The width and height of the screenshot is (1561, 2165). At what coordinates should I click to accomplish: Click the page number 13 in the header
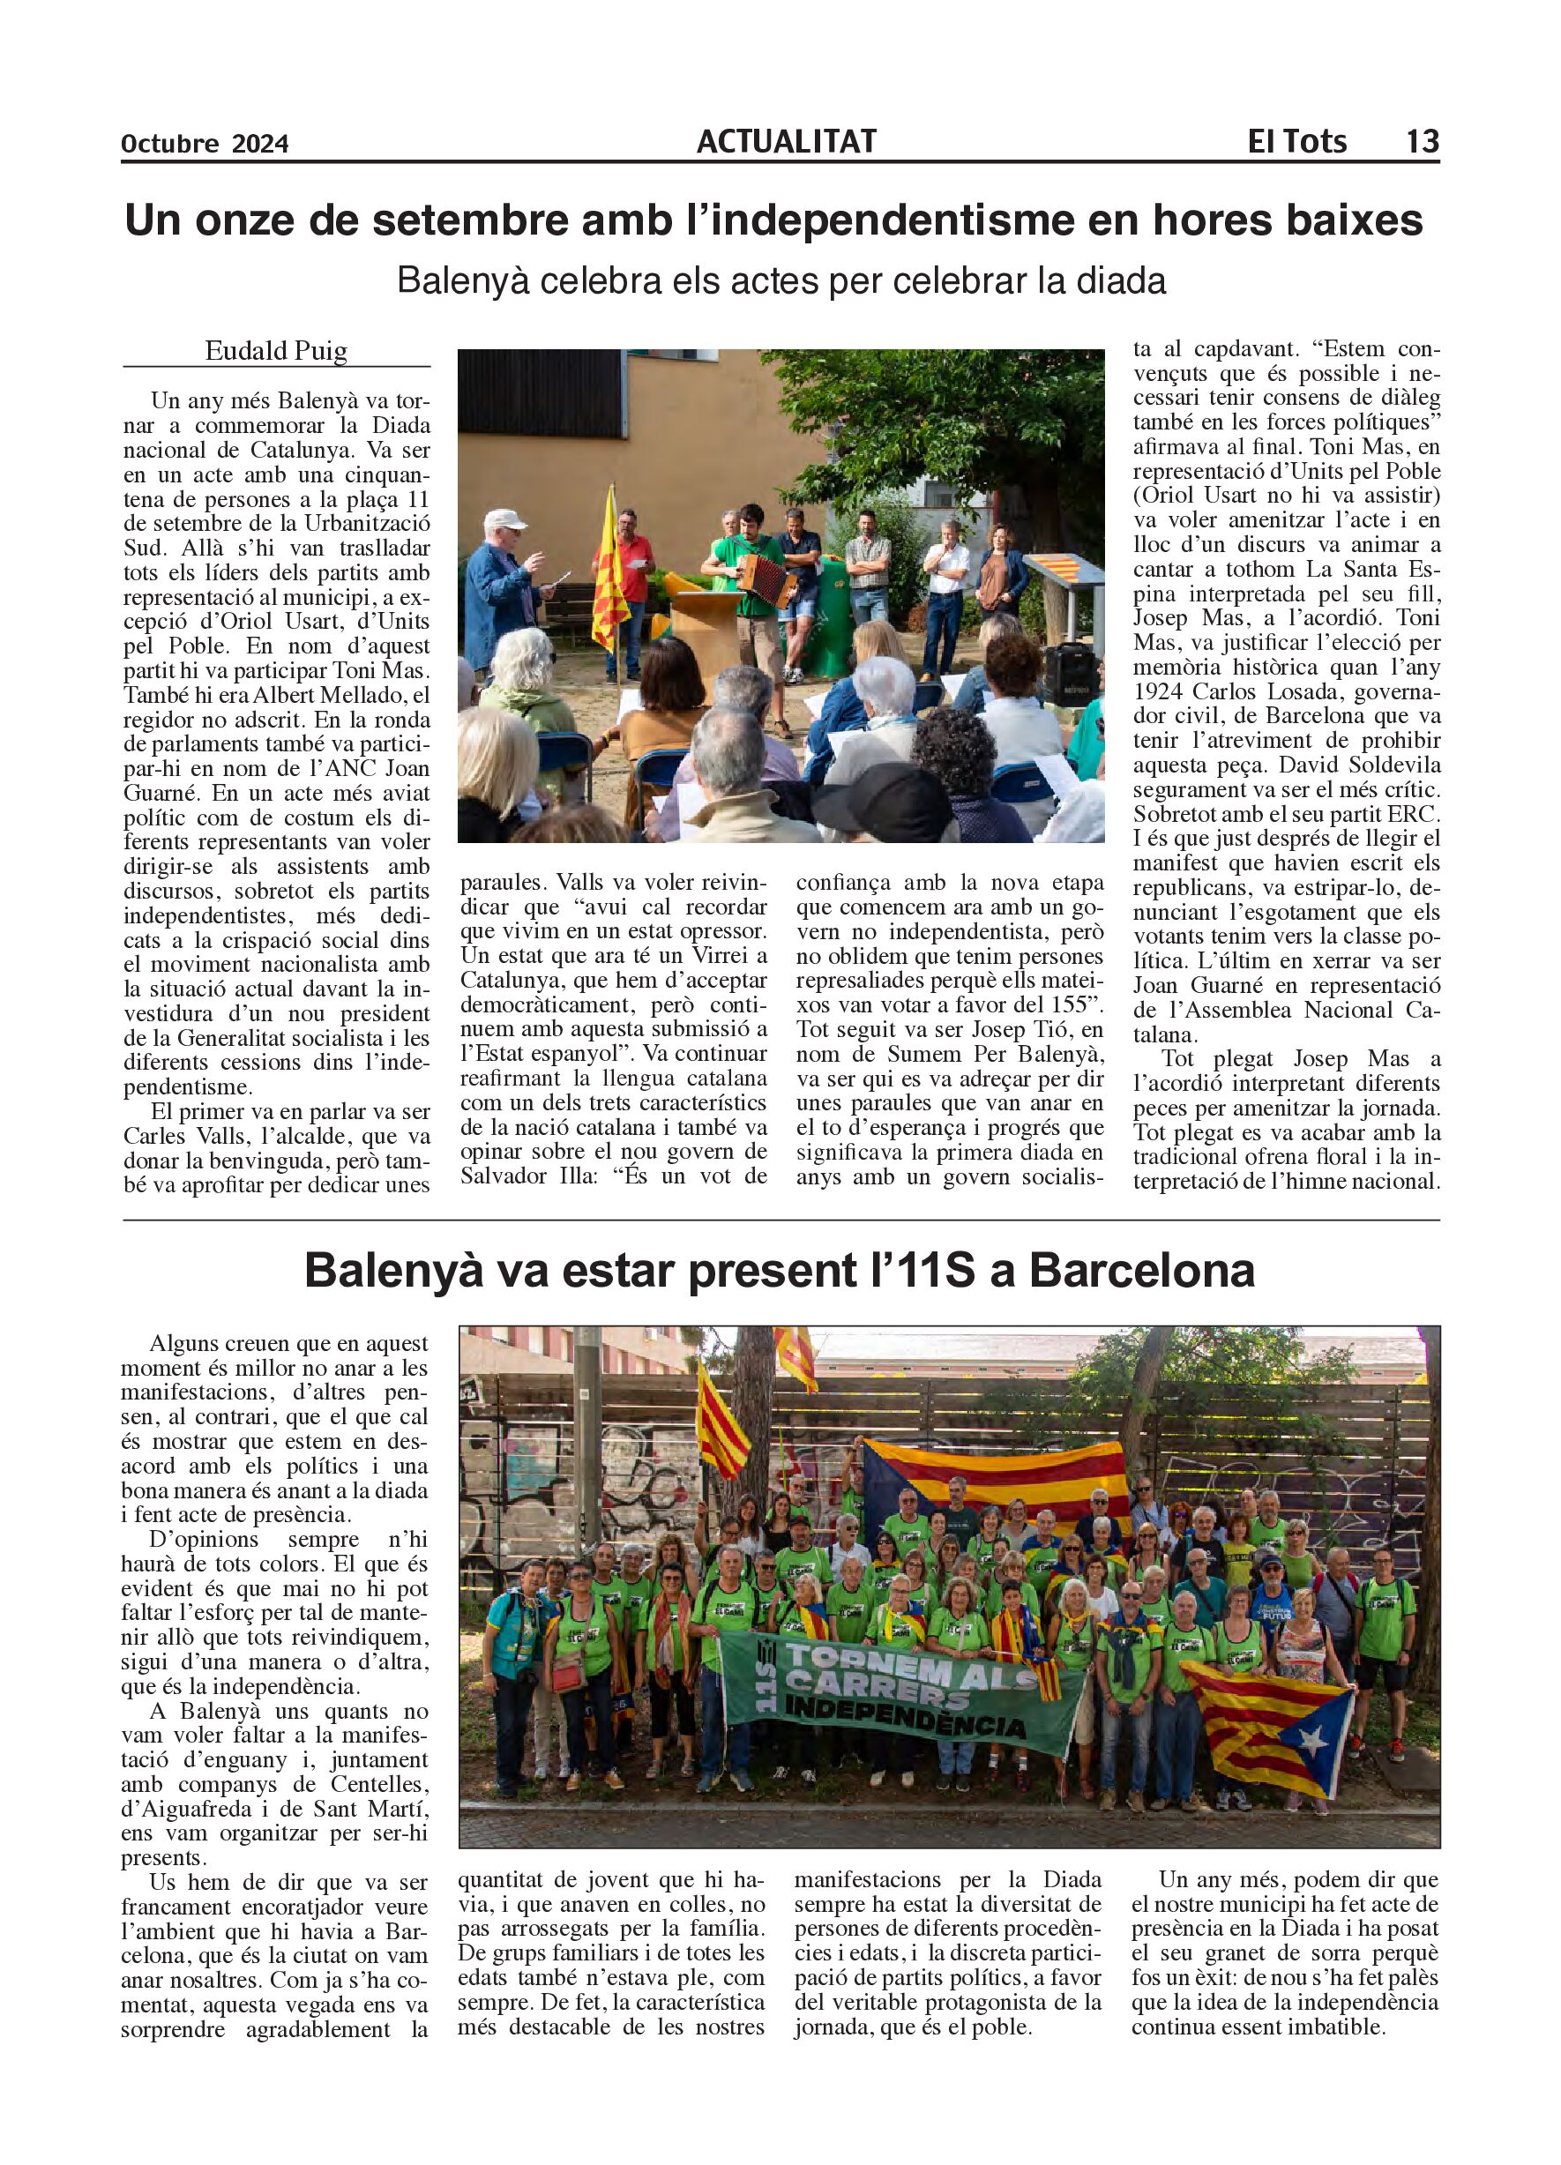[x=1422, y=141]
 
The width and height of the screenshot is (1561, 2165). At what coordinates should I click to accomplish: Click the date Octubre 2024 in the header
[x=205, y=144]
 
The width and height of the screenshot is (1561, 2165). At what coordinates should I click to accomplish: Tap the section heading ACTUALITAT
[x=786, y=141]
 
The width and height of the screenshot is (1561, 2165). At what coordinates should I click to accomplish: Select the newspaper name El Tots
[x=1296, y=141]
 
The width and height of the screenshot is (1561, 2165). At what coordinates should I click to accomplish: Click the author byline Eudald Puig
[x=276, y=351]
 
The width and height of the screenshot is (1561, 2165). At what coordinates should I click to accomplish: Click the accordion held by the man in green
[x=766, y=578]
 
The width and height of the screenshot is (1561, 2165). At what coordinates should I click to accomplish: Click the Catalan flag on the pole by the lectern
[x=610, y=582]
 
